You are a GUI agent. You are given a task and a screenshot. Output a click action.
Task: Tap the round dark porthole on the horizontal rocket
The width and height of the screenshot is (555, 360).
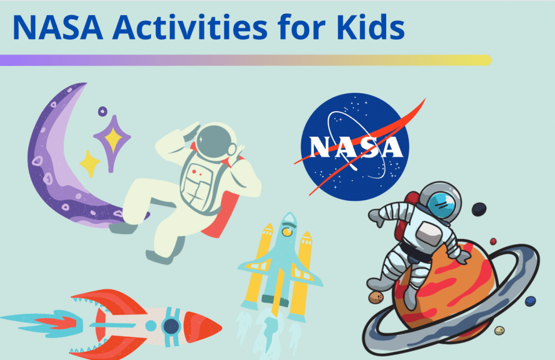(171, 326)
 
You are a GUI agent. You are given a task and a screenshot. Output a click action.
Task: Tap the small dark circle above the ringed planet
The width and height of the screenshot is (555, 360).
(479, 209)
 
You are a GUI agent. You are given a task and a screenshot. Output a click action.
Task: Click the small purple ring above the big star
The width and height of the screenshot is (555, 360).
(102, 111)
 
